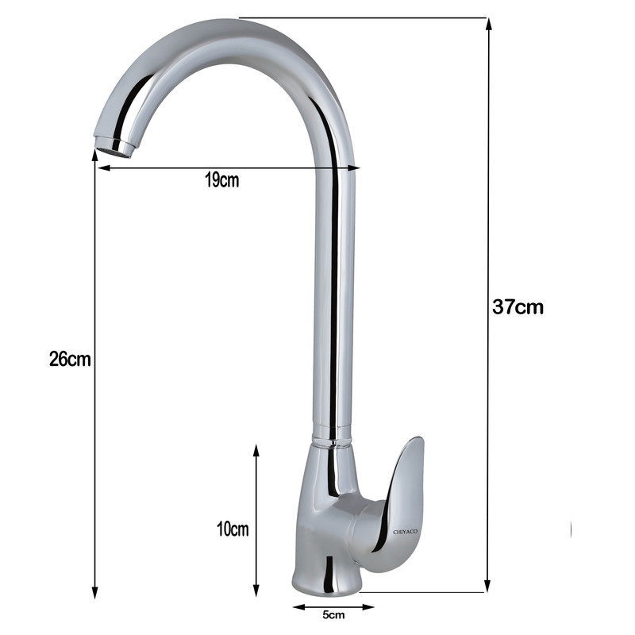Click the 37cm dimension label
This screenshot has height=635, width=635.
518,307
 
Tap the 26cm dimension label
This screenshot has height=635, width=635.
70,359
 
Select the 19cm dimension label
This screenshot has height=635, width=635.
222,180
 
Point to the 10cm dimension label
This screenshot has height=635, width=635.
233,529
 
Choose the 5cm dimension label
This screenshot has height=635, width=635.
333,614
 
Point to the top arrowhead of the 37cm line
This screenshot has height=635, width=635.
489,25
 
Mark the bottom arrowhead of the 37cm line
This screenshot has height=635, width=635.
488,585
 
